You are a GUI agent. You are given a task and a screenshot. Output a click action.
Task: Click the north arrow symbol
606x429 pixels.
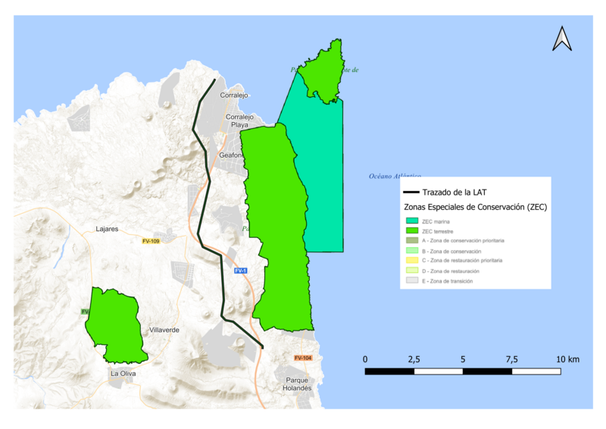[561, 39]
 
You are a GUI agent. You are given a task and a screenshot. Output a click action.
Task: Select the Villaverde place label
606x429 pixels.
[164, 330]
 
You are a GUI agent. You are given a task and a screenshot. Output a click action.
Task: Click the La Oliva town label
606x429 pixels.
[123, 373]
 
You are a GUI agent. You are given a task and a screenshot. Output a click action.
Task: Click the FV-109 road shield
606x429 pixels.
[151, 241]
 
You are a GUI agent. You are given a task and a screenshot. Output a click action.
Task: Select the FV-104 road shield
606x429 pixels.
[303, 358]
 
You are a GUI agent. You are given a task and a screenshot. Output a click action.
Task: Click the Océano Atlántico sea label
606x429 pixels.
[394, 176]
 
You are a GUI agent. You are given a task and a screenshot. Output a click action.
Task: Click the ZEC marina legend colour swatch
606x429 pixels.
[412, 221]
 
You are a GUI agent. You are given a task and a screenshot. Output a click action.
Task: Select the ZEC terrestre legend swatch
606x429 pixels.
[412, 230]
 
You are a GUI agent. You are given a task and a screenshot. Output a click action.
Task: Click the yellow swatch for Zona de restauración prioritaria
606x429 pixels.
[412, 260]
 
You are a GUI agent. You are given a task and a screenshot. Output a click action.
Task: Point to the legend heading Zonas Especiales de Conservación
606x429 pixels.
[473, 206]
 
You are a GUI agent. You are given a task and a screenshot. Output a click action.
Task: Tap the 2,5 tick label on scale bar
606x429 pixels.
[414, 359]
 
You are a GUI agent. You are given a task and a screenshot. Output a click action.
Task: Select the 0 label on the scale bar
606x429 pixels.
[365, 359]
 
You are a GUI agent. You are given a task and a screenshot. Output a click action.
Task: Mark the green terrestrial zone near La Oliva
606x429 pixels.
[114, 324]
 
